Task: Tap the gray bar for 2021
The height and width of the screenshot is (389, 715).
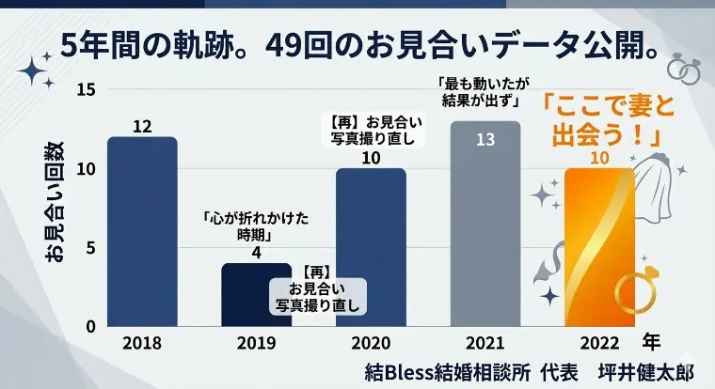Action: (x=485, y=226)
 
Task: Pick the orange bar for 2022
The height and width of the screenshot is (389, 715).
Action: (x=599, y=249)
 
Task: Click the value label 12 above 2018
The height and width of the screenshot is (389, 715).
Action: (x=142, y=126)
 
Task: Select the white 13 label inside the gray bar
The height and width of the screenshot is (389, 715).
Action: (x=485, y=140)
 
